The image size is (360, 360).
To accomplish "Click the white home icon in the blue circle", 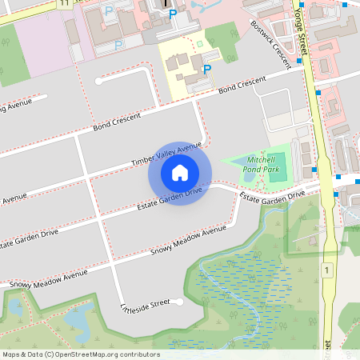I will pyautogui.click(x=180, y=173).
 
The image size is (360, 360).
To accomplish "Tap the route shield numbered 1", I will pyautogui.click(x=327, y=271).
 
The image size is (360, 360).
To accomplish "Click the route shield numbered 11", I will pyautogui.click(x=63, y=3).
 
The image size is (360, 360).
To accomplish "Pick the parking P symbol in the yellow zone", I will pyautogui.click(x=207, y=70).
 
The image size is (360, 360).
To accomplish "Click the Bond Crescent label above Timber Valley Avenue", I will pyautogui.click(x=117, y=122).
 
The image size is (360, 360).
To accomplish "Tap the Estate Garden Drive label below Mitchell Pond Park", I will pyautogui.click(x=272, y=195).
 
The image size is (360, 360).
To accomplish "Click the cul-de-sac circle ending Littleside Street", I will pyautogui.click(x=181, y=303).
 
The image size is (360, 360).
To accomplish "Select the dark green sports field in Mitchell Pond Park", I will pyautogui.click(x=276, y=166).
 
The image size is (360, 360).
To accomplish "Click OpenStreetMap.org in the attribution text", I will pyautogui.click(x=90, y=354).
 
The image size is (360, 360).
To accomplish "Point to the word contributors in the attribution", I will pyautogui.click(x=135, y=354).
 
